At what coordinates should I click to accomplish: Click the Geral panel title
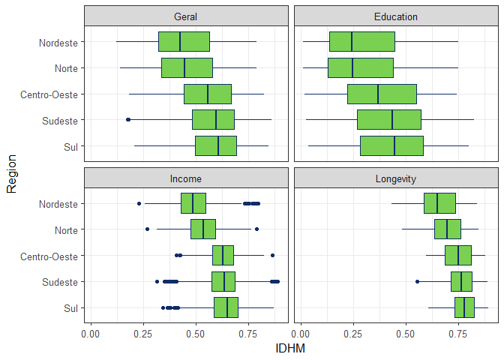click(x=186, y=16)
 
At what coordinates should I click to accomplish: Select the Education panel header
click(x=396, y=16)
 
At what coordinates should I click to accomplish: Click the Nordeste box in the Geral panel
click(x=184, y=42)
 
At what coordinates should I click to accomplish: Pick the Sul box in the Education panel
click(x=391, y=145)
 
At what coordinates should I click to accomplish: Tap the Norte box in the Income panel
click(x=203, y=229)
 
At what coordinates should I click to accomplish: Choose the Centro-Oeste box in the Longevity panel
click(x=458, y=255)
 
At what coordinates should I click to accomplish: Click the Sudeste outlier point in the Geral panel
click(x=128, y=120)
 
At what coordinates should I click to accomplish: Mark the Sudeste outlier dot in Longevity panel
click(x=418, y=281)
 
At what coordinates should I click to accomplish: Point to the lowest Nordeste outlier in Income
click(x=139, y=203)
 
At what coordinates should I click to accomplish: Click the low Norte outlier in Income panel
click(x=147, y=229)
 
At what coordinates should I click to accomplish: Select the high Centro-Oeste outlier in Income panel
click(x=272, y=255)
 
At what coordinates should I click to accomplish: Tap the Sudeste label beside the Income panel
click(x=61, y=281)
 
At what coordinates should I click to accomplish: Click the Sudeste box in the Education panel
click(x=389, y=120)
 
